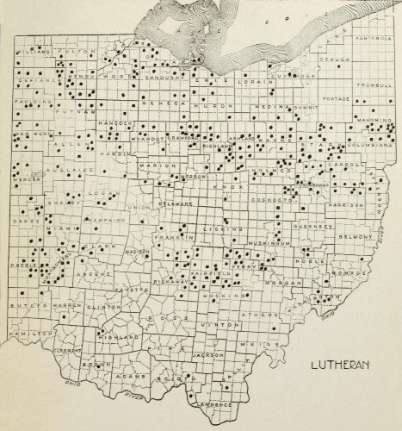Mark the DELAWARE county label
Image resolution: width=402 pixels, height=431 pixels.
pyautogui.click(x=175, y=203)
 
